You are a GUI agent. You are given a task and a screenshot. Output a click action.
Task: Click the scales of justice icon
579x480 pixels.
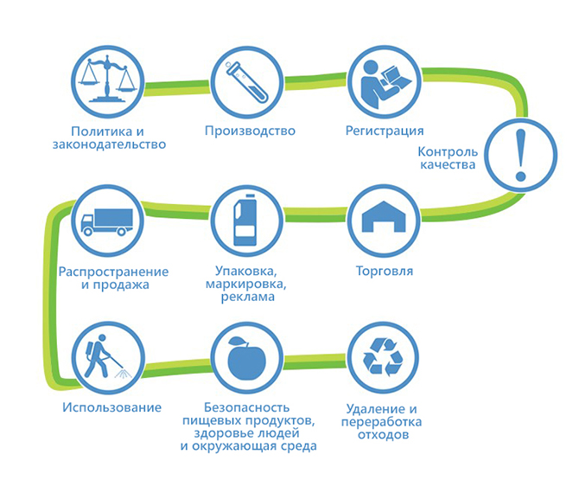click(x=107, y=80)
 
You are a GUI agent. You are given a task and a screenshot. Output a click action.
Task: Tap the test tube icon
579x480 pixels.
click(x=246, y=81)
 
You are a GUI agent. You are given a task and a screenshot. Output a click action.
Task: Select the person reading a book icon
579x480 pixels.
click(x=384, y=84)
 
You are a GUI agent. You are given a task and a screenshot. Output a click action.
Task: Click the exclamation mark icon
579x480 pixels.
click(x=520, y=155)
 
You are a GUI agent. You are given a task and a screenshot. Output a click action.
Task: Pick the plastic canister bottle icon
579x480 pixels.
click(x=245, y=221)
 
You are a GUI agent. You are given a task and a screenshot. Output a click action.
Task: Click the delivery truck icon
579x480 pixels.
click(x=106, y=222)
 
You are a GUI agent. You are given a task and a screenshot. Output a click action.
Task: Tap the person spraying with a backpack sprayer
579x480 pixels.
click(x=105, y=356)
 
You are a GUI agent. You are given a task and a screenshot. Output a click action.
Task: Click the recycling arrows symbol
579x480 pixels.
click(x=384, y=357)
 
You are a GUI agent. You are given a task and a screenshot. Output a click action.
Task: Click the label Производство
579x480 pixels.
click(x=250, y=131)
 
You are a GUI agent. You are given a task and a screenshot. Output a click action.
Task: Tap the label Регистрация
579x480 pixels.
click(x=385, y=131)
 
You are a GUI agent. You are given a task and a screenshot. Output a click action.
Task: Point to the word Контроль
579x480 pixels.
click(x=448, y=151)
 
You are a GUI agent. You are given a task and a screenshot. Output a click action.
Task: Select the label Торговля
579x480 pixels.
click(x=384, y=271)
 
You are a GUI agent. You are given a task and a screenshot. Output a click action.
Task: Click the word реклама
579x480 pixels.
click(x=248, y=298)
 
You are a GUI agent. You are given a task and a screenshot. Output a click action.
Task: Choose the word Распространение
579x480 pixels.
click(x=113, y=272)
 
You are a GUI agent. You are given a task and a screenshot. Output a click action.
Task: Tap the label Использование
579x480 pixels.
click(x=111, y=407)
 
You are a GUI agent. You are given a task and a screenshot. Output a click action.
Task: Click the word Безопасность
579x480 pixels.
click(x=246, y=407)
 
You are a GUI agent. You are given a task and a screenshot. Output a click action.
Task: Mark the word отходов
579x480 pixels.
click(x=384, y=435)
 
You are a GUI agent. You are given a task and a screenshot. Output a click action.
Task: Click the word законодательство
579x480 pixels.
click(x=109, y=144)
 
